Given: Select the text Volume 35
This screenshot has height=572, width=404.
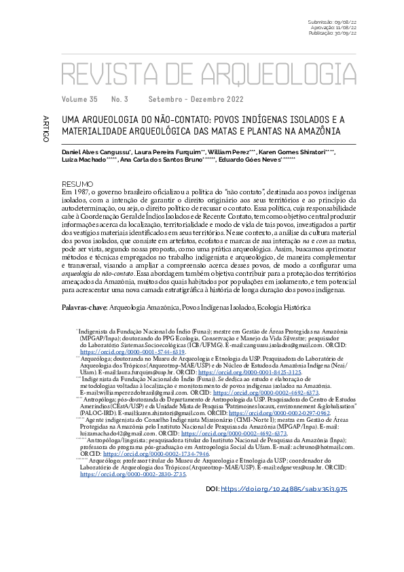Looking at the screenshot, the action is [x=79, y=99].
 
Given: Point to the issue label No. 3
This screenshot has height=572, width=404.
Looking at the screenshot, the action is [x=120, y=99].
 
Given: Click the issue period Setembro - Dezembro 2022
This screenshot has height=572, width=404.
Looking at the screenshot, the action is [x=196, y=99].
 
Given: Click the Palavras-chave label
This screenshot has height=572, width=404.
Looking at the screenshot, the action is [x=84, y=308].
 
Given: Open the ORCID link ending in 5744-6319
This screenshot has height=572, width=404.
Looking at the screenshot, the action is [x=133, y=353].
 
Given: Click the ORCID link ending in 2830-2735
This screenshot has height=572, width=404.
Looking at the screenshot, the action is [x=133, y=494].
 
